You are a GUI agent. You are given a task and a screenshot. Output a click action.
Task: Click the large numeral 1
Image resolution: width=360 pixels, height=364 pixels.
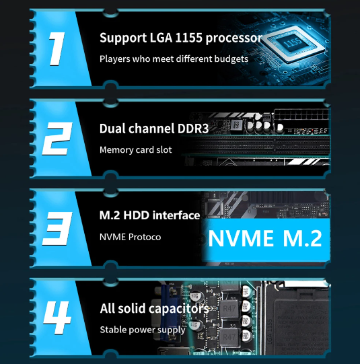57,48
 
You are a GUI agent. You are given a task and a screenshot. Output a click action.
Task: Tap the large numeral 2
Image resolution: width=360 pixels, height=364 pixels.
57,139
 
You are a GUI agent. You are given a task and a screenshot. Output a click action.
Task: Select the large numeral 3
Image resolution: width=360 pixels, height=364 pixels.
57,229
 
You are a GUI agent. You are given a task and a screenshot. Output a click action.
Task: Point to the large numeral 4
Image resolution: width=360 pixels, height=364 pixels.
57,318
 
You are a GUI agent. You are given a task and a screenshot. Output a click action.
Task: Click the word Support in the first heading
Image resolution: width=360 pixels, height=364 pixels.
123,38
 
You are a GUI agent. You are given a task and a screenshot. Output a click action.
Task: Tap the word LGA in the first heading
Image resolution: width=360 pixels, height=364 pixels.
161,38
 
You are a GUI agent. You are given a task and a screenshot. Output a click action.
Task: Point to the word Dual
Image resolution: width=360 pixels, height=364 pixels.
112,129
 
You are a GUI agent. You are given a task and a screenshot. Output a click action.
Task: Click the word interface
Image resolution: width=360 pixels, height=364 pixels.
176,215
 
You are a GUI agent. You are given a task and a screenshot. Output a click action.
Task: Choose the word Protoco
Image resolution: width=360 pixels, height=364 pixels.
145,237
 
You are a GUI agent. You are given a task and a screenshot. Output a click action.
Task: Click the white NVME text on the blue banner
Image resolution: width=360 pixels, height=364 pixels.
241,238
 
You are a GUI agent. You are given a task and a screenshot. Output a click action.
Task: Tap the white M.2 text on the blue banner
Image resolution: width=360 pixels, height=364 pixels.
302,238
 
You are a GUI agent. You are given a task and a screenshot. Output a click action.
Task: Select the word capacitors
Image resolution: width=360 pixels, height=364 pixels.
179,310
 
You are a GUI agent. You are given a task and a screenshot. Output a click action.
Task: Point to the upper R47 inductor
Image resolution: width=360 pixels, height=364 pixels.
229,309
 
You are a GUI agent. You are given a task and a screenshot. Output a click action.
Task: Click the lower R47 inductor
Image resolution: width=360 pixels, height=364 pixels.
229,337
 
